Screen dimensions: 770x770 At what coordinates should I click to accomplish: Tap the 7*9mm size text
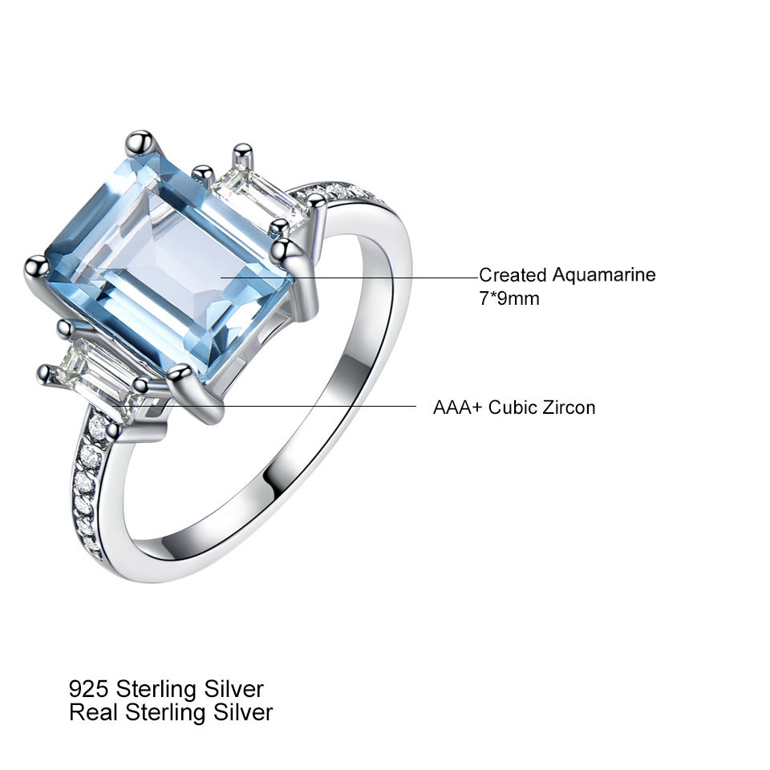(x=509, y=298)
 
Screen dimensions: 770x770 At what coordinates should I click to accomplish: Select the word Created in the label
(x=513, y=275)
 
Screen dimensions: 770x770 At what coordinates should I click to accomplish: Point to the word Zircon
(x=569, y=407)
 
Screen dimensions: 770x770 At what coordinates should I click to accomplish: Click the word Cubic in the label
(x=513, y=407)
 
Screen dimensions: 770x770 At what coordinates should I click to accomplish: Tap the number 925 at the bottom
(x=88, y=689)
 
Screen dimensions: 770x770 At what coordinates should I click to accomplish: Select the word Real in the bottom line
(x=94, y=712)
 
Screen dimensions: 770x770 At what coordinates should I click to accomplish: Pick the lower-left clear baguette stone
(x=98, y=375)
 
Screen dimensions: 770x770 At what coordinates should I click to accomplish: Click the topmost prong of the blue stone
(x=140, y=143)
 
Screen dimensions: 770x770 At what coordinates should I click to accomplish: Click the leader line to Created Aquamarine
(x=350, y=278)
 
